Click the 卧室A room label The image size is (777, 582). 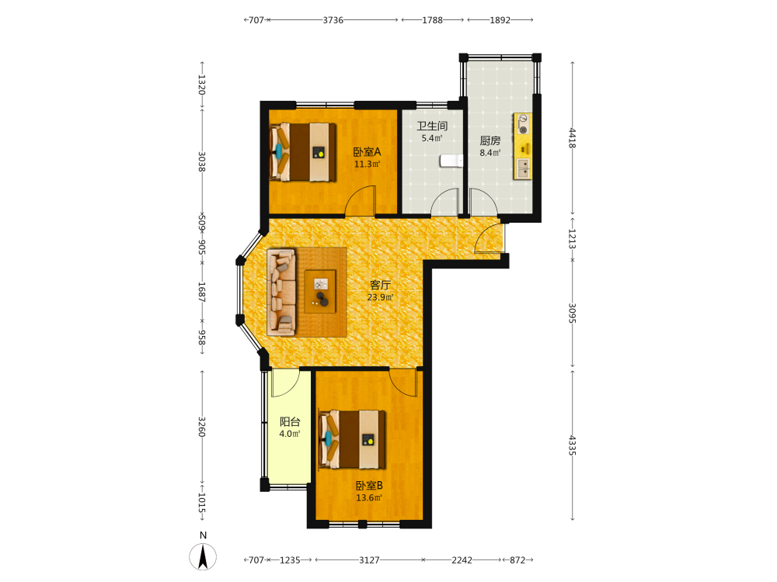pos(367,152)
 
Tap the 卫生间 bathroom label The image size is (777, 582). pos(432,126)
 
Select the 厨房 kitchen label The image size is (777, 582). pos(490,141)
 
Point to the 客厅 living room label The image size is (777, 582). pos(380,285)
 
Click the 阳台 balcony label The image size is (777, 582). pos(290,421)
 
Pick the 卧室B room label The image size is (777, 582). pos(369,486)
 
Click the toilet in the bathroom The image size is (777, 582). pos(451,161)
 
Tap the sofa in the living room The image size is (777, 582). pos(281,292)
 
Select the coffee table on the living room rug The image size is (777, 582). pos(320,292)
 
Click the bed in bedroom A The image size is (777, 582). pos(303,152)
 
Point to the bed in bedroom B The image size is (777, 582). pos(352,439)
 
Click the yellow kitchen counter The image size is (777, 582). pos(522,147)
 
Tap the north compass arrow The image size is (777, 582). pos(203,556)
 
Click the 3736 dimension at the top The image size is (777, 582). pos(333,20)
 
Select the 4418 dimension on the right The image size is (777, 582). pos(573,138)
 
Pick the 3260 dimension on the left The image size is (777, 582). pos(202,427)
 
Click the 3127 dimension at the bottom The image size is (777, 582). pos(369,560)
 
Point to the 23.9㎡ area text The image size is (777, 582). pos(380,297)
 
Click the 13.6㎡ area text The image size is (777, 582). pos(369,498)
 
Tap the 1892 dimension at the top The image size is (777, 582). pos(500,20)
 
